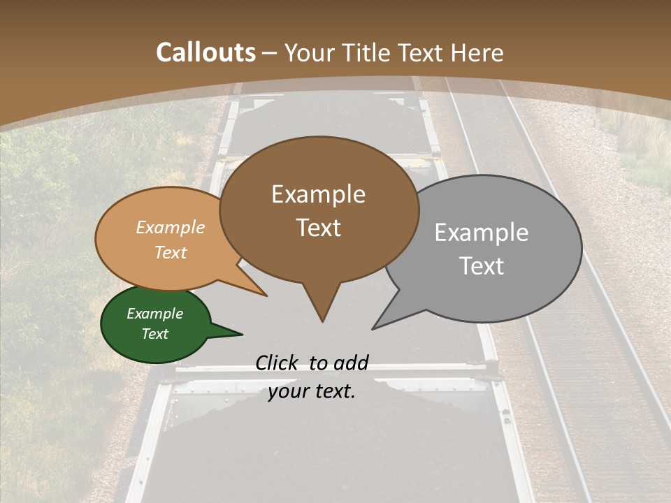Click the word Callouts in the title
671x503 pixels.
click(205, 52)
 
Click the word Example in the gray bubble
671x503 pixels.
click(482, 233)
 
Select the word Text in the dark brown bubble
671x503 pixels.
click(319, 228)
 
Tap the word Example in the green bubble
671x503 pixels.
click(155, 314)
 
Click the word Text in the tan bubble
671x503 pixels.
click(171, 252)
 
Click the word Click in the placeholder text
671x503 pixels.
click(278, 363)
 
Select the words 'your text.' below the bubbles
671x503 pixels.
click(312, 391)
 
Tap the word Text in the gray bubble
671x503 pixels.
click(482, 266)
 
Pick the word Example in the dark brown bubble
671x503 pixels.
click(319, 194)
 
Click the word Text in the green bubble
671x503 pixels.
click(155, 334)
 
